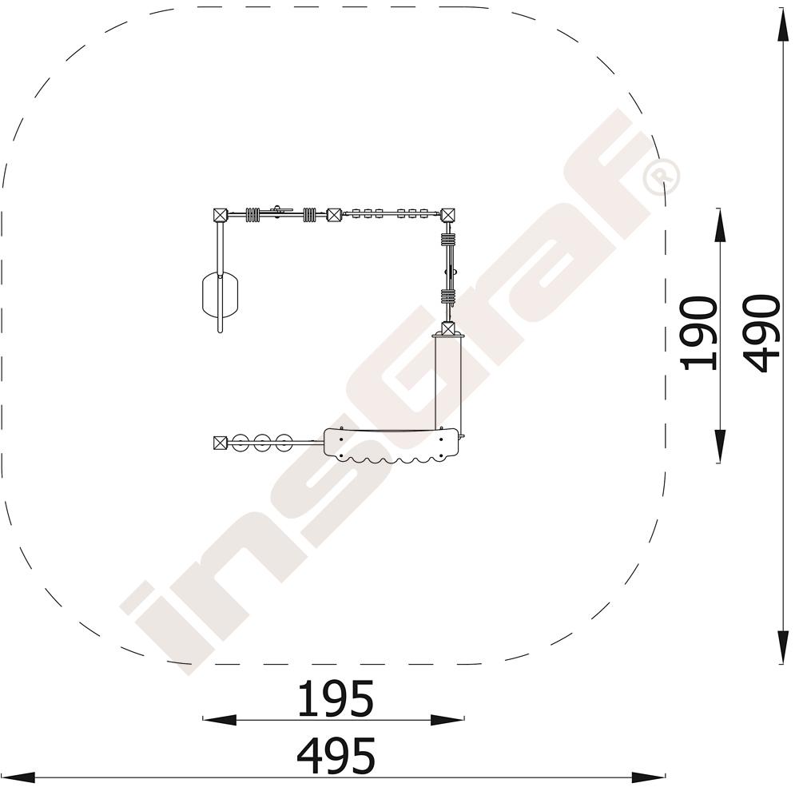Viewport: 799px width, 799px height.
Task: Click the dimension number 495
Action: click(336, 755)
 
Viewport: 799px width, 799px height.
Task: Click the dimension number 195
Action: click(336, 698)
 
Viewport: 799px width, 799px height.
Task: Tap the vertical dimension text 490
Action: click(761, 333)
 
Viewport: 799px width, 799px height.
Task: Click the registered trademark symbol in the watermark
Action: click(662, 177)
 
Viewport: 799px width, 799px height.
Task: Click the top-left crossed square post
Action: click(220, 214)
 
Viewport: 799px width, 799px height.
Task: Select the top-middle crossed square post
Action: click(334, 214)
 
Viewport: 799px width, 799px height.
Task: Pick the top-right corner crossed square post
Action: click(448, 214)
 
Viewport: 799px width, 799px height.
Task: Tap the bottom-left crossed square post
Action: click(220, 443)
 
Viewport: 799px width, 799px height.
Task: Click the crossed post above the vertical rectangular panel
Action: click(448, 328)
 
